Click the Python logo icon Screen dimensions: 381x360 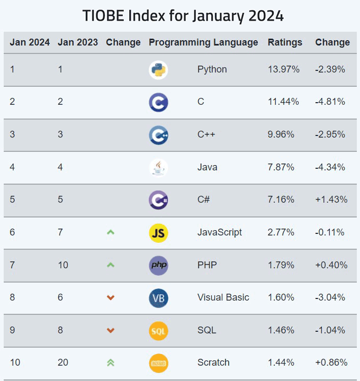(x=158, y=70)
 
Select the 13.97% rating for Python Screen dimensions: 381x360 (x=283, y=69)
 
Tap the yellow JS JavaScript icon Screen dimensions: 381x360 (x=158, y=233)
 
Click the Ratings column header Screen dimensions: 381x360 (x=285, y=42)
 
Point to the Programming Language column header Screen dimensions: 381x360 (x=203, y=42)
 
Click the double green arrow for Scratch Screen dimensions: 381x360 (x=111, y=362)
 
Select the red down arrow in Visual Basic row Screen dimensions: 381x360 (x=111, y=298)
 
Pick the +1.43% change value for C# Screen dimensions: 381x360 (x=331, y=199)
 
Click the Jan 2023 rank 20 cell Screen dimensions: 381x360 (x=63, y=362)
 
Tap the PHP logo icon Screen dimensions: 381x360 (x=158, y=265)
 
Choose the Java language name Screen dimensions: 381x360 (x=207, y=167)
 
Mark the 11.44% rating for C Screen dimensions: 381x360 (x=283, y=102)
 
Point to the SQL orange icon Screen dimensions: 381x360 (x=158, y=331)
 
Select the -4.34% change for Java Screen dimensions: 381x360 (x=330, y=167)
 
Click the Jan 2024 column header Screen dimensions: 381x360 (x=30, y=42)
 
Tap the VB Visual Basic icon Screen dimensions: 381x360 (x=158, y=298)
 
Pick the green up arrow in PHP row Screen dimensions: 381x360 (x=111, y=265)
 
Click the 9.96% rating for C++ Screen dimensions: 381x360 (x=281, y=134)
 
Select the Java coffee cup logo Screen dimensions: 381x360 (x=158, y=168)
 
